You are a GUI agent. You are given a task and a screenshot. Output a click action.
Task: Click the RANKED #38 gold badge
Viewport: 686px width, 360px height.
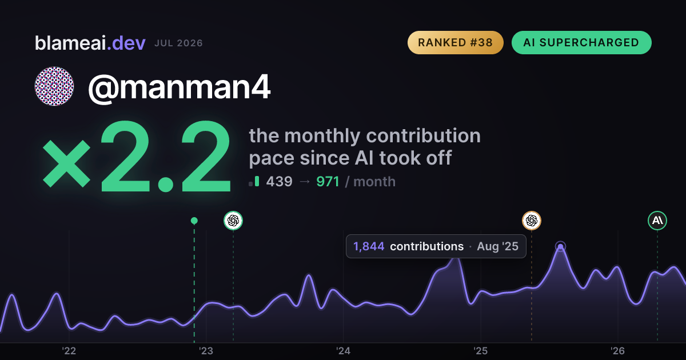(x=456, y=42)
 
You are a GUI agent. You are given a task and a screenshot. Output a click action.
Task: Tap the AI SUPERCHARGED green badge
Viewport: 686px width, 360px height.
(x=581, y=42)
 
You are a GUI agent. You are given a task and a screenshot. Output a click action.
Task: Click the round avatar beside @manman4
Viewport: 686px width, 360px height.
(x=54, y=86)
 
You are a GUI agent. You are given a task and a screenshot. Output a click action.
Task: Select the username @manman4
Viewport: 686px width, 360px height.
(x=179, y=88)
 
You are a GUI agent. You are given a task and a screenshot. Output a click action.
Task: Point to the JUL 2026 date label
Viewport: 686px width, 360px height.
(x=178, y=43)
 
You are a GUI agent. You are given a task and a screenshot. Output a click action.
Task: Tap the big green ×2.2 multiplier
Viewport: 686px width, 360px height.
(x=137, y=157)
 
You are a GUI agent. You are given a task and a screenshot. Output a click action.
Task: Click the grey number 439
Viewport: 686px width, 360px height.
(x=280, y=182)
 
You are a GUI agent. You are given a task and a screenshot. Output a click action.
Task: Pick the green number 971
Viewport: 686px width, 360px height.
(x=328, y=182)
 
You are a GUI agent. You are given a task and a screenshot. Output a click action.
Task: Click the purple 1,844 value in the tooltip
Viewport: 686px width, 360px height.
(x=369, y=246)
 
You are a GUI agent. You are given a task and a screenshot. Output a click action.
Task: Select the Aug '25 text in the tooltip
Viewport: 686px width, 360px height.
(x=498, y=246)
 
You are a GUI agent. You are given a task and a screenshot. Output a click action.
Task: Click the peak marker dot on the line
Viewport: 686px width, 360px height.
(x=560, y=246)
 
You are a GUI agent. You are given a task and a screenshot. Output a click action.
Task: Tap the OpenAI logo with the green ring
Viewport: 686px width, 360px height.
(x=233, y=221)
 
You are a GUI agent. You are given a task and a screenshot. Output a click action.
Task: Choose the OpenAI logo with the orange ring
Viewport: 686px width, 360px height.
(x=532, y=221)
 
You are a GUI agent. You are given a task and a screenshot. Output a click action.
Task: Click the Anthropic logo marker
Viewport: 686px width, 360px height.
(x=657, y=221)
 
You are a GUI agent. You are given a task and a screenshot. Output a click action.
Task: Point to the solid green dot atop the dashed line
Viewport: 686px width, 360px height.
(x=194, y=221)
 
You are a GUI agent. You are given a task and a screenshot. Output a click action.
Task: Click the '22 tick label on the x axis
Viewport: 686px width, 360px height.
(x=69, y=351)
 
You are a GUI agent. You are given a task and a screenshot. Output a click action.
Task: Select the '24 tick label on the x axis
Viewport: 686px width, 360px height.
(x=344, y=351)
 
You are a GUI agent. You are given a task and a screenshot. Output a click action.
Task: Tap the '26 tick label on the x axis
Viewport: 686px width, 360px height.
(x=618, y=351)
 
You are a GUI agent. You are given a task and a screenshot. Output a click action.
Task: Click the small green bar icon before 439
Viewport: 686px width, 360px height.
(x=257, y=181)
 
